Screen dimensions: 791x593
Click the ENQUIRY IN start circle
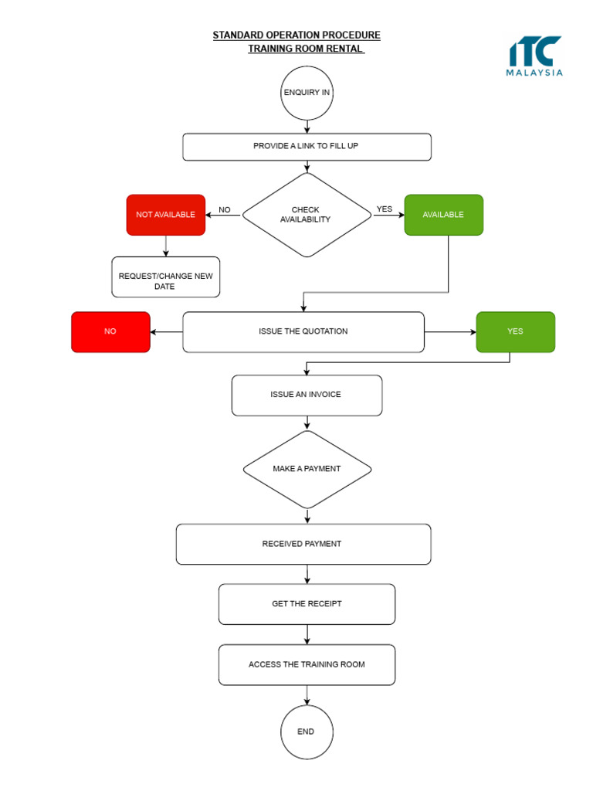point(307,93)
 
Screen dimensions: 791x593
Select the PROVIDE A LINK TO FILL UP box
point(307,147)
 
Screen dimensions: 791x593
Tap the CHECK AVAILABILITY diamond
point(307,215)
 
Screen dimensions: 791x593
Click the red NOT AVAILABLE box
point(166,215)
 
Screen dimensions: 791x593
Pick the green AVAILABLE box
point(443,215)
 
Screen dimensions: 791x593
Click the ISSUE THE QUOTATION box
point(303,331)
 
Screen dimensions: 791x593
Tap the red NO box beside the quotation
point(110,331)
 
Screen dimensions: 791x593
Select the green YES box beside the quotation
point(515,331)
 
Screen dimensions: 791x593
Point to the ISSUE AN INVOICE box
point(307,395)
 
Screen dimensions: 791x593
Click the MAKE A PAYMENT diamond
point(307,469)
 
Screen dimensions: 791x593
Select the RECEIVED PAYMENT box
point(303,544)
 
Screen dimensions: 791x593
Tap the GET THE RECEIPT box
point(307,604)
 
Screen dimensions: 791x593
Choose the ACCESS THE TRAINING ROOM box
point(307,664)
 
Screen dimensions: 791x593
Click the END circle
point(307,732)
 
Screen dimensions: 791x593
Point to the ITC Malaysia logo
point(534,56)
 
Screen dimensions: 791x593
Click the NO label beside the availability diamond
point(225,209)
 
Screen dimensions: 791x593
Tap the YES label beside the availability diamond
point(384,209)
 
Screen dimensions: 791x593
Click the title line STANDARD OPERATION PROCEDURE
point(296,36)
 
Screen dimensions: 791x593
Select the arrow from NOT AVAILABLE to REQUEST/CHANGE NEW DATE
point(166,246)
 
